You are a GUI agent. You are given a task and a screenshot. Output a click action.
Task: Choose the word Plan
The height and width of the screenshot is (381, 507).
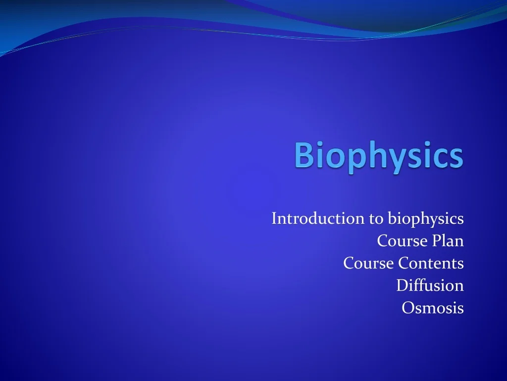[x=447, y=241]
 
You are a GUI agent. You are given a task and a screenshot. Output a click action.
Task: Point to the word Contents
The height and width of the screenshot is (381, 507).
[x=431, y=263]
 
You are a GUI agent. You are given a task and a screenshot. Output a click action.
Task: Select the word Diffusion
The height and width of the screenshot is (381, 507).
[x=430, y=286]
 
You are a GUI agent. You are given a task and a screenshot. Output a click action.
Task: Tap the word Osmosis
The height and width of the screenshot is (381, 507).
[x=433, y=308]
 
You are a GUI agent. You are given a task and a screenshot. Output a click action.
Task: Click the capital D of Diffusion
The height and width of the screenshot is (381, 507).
[x=402, y=286]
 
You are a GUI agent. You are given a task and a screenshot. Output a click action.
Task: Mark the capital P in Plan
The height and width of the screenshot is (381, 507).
[x=435, y=241]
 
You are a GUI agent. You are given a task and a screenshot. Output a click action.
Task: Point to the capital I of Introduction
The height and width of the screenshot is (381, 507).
[x=274, y=218]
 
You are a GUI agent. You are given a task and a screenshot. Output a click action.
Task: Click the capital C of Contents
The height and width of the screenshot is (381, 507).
[x=404, y=263]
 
